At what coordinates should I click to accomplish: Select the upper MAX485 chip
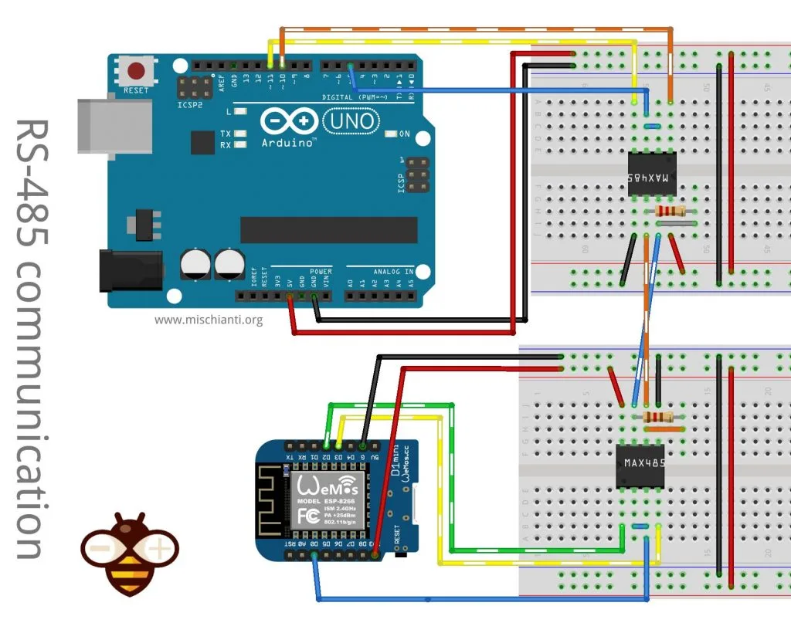(x=651, y=178)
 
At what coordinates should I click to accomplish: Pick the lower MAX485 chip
(x=640, y=466)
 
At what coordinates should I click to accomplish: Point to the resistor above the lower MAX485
(x=657, y=417)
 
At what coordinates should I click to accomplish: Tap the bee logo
(x=129, y=552)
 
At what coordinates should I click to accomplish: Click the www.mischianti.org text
(x=209, y=319)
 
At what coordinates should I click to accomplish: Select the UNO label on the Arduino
(x=351, y=121)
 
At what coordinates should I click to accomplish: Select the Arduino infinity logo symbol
(x=289, y=121)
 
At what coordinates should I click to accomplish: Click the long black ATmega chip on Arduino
(x=329, y=229)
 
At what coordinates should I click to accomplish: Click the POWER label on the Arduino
(x=321, y=272)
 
